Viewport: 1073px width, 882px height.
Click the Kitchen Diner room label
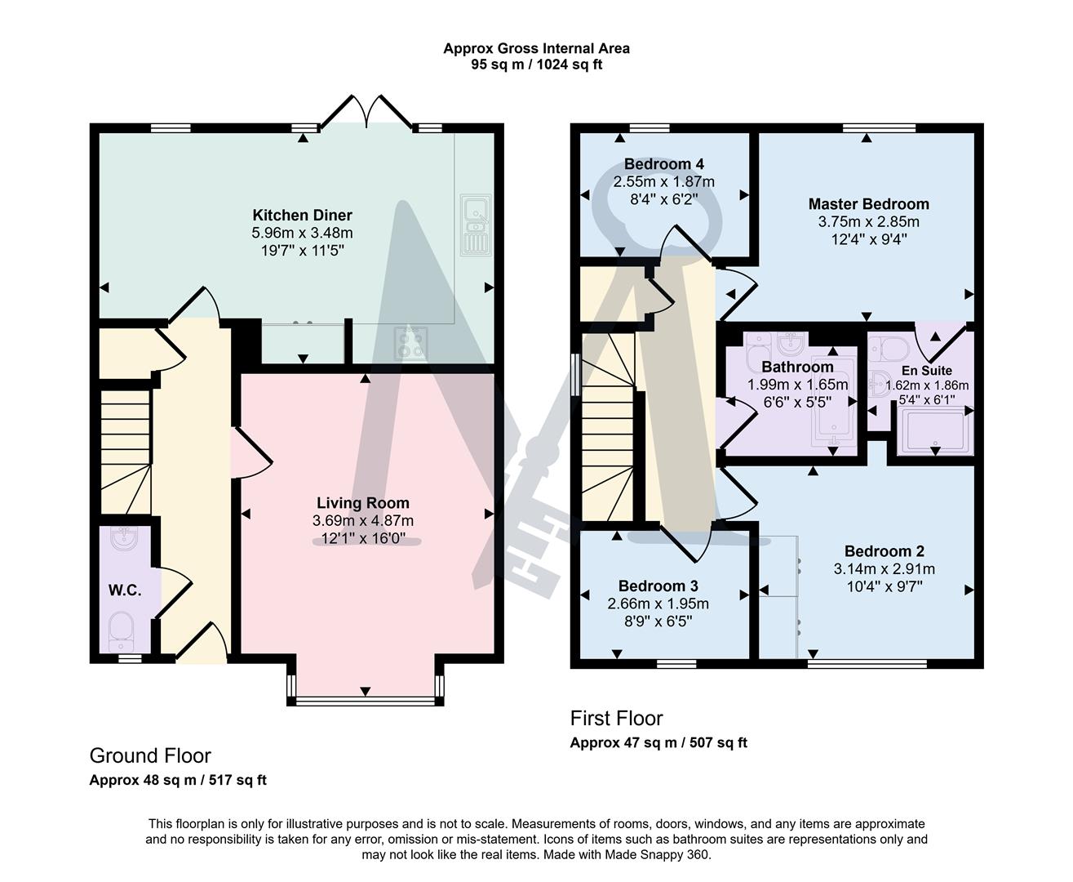click(x=302, y=216)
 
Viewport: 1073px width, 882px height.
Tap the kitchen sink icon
click(x=474, y=224)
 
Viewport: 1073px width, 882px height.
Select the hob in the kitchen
click(x=410, y=343)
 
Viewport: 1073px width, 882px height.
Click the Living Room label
click(x=363, y=503)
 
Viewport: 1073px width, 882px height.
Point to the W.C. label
click(x=125, y=590)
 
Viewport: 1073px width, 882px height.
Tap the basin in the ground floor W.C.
click(x=125, y=539)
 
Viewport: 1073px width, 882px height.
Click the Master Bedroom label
click(x=868, y=204)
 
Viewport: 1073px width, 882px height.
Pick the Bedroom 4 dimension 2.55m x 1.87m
click(x=664, y=181)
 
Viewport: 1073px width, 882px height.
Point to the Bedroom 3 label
click(x=658, y=586)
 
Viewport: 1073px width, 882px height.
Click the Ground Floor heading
click(x=150, y=755)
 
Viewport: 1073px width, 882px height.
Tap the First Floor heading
click(x=616, y=719)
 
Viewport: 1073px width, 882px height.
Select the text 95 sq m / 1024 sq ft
click(x=536, y=65)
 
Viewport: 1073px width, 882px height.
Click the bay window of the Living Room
click(x=365, y=700)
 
